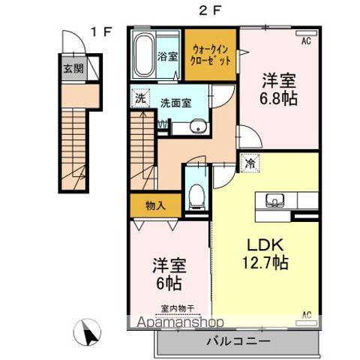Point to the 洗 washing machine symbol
[x=139, y=97]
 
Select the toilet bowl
[x=196, y=195]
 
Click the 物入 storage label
[x=156, y=205]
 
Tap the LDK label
[x=263, y=244]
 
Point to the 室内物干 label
[x=177, y=307]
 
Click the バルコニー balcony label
[x=238, y=340]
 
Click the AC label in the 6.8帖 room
[x=305, y=42]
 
